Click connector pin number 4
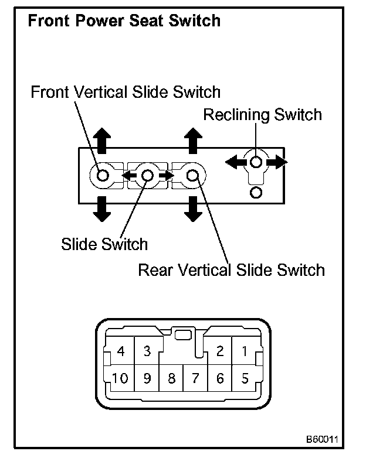coord(121,352)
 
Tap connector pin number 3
coord(147,352)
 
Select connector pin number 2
coord(220,352)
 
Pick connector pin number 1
coord(245,352)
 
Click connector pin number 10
coord(120,378)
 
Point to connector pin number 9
coord(147,378)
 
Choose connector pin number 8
coord(171,378)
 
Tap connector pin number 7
coord(196,378)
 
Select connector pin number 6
coord(220,378)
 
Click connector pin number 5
coord(245,378)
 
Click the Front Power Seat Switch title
coord(124,21)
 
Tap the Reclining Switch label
coord(262,114)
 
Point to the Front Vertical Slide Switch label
coord(126,92)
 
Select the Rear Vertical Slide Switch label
coord(231,270)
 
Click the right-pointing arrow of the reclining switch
coord(277,162)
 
